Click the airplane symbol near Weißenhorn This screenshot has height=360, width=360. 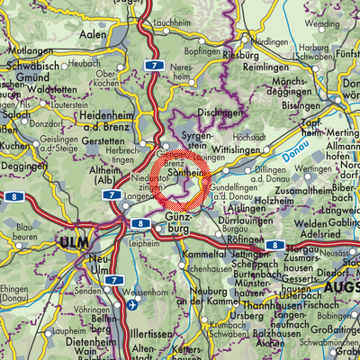pos(133,304)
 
